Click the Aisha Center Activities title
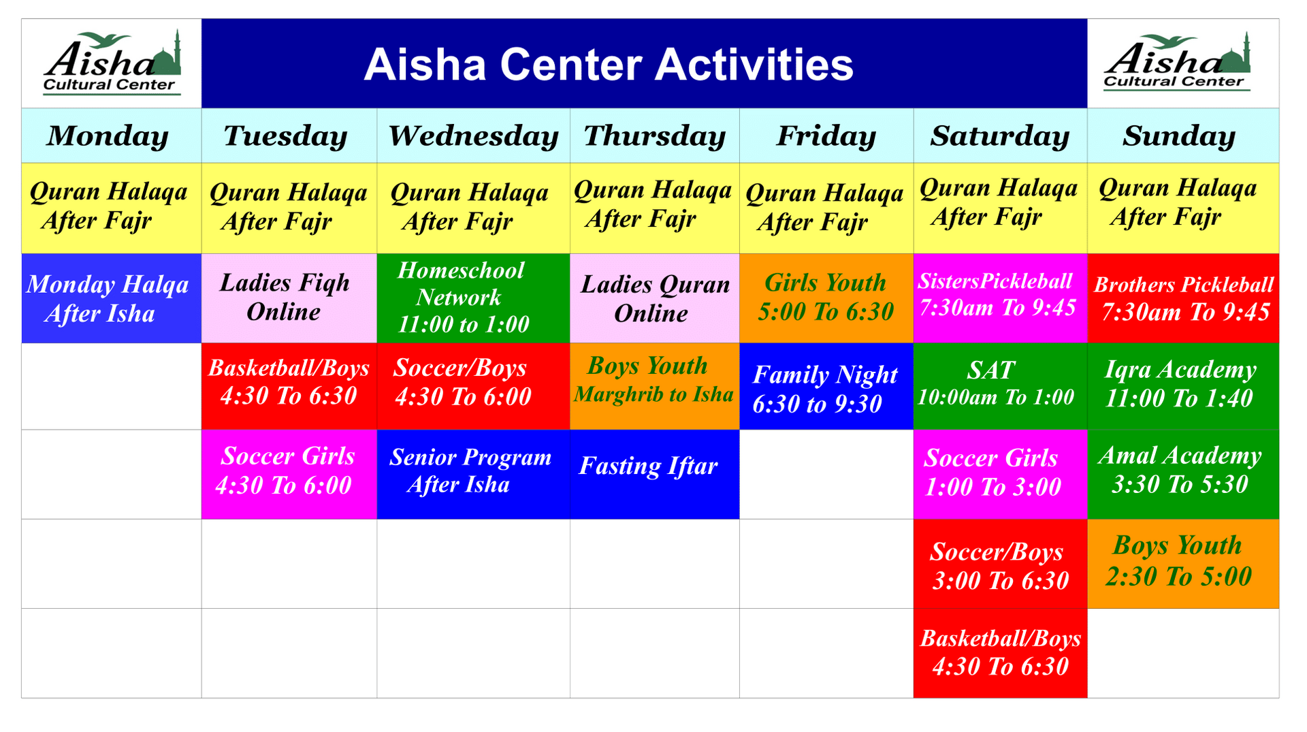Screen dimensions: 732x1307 [608, 65]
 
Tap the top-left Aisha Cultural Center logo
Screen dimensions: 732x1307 [112, 63]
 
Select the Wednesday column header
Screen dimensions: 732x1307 [473, 136]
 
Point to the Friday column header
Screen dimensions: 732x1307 [826, 136]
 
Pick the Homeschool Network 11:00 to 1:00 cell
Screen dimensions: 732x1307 [472, 298]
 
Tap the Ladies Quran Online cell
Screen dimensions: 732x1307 [654, 298]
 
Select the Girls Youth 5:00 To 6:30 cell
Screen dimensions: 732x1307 [826, 298]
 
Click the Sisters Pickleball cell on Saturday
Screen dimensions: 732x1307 [999, 298]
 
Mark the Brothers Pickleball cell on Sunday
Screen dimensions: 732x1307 [1183, 298]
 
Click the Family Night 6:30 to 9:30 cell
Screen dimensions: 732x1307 [826, 387]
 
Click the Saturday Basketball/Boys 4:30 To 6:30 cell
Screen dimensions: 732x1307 [999, 652]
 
